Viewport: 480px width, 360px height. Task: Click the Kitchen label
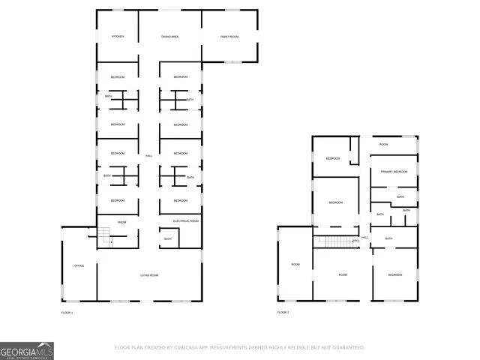tap(118, 37)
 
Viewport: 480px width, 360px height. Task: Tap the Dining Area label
tap(169, 37)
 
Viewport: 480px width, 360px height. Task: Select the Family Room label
tap(229, 37)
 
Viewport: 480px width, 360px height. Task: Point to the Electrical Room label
tap(185, 221)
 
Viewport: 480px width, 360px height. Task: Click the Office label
tap(79, 266)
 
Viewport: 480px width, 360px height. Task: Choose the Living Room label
tap(149, 275)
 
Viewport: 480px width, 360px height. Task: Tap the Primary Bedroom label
tap(394, 172)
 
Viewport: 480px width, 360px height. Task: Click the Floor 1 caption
tap(67, 312)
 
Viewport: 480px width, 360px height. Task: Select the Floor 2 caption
tap(283, 312)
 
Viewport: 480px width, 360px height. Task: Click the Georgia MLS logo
tap(27, 350)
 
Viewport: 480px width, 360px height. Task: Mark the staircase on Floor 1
tap(105, 235)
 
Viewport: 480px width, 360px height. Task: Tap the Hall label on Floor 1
tap(149, 155)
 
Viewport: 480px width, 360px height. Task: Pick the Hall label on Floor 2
tap(365, 238)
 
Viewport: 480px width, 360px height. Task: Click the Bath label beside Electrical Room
tap(167, 239)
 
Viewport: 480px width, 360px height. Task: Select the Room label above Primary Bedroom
tap(383, 144)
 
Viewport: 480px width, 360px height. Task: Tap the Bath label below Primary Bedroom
tap(400, 196)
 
